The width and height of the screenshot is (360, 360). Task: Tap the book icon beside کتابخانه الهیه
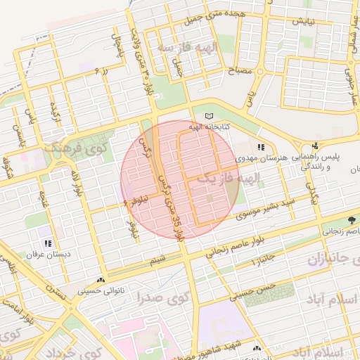point(207,116)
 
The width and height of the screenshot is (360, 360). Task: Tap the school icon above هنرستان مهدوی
point(261,148)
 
